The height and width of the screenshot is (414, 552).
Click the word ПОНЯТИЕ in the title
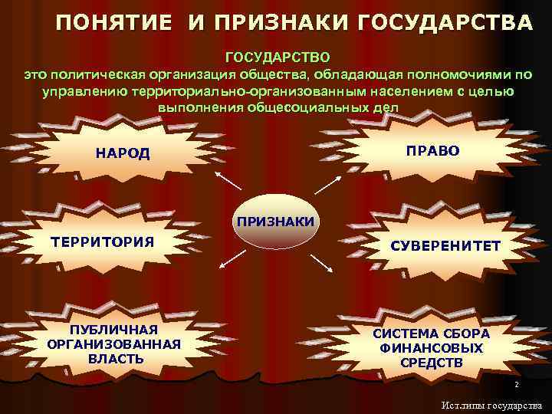tap(113, 23)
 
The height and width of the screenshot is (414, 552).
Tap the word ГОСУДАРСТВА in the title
tap(452, 23)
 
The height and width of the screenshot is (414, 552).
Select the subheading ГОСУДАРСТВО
tap(278, 58)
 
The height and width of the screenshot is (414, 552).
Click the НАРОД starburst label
tap(123, 153)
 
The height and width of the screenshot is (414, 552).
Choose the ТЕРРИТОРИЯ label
tap(102, 242)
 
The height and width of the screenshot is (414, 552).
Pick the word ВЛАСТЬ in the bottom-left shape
tap(115, 358)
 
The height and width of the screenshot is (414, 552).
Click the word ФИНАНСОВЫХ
tap(432, 348)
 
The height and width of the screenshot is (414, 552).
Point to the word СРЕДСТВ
tap(432, 362)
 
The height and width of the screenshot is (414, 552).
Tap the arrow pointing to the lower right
tap(323, 262)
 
